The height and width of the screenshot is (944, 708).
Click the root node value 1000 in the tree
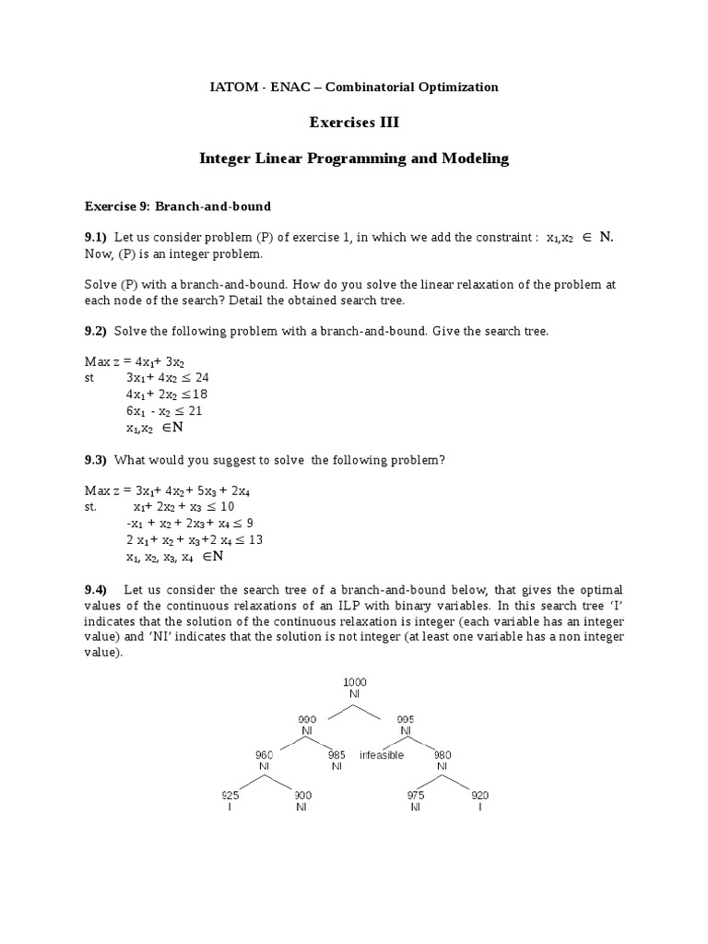[x=354, y=681]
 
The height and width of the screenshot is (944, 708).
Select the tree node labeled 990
[x=307, y=717]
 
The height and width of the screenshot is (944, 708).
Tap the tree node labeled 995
[x=406, y=717]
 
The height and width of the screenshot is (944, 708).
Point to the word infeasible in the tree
[x=382, y=754]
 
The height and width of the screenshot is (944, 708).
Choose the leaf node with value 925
[x=230, y=794]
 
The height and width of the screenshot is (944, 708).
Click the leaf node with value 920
[x=479, y=794]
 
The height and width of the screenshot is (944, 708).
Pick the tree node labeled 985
[x=336, y=754]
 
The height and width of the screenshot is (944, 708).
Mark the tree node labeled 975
[x=416, y=794]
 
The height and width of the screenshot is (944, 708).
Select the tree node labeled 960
[x=264, y=754]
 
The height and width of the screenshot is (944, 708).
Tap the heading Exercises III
[x=354, y=122]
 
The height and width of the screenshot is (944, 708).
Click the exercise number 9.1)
[x=96, y=237]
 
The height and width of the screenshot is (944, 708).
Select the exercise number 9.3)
[x=96, y=460]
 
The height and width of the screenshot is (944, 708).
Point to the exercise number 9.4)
[x=96, y=589]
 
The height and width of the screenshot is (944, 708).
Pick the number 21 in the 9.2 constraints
[x=195, y=411]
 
